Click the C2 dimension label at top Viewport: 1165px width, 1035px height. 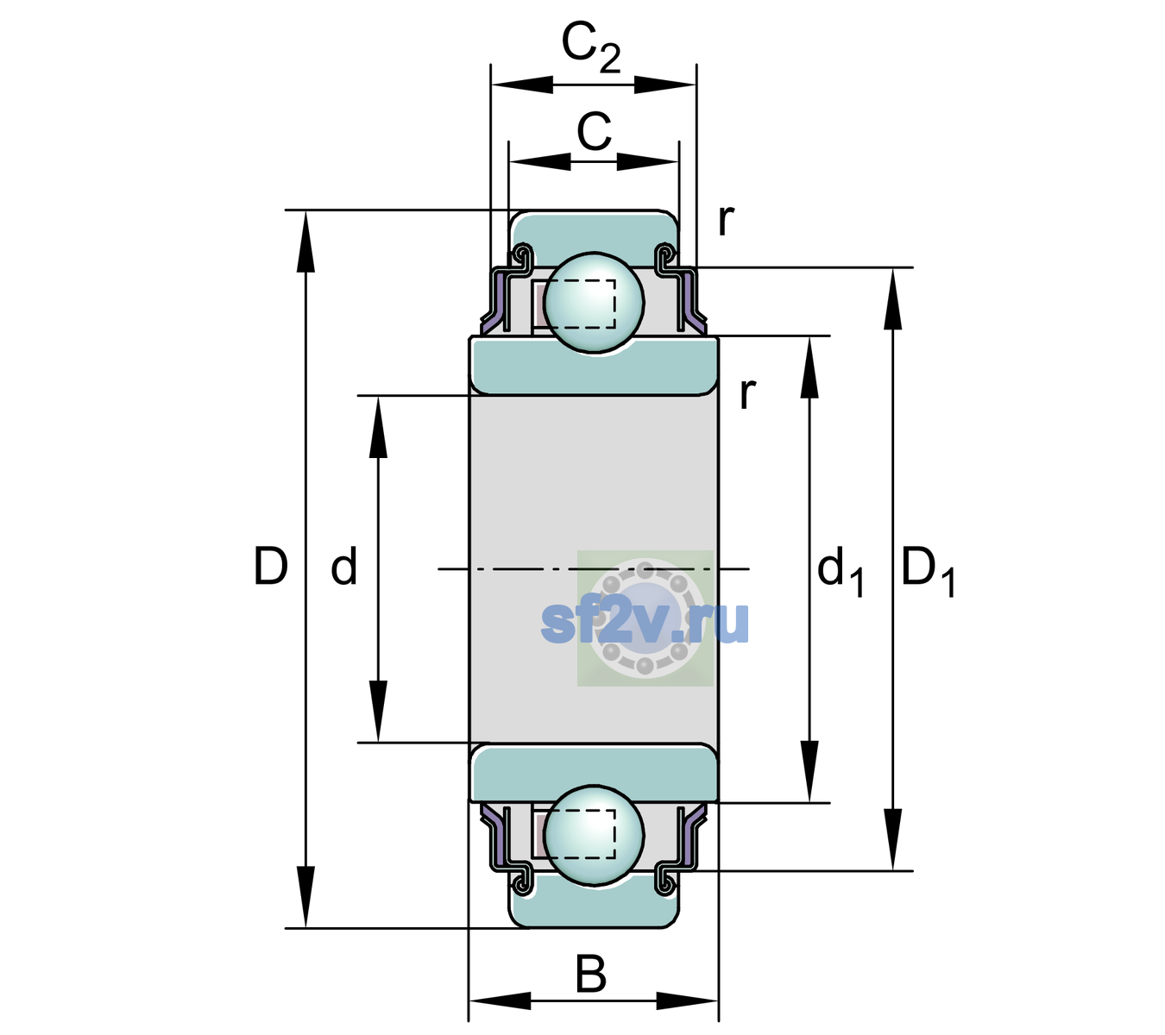point(590,49)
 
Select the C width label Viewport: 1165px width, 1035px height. point(594,132)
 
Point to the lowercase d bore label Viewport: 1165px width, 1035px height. point(343,566)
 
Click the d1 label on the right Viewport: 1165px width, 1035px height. point(841,571)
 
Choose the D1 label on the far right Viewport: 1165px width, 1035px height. point(928,571)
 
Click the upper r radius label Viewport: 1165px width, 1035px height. point(727,220)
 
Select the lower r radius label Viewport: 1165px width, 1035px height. point(747,393)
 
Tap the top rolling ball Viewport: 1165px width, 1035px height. point(594,302)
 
